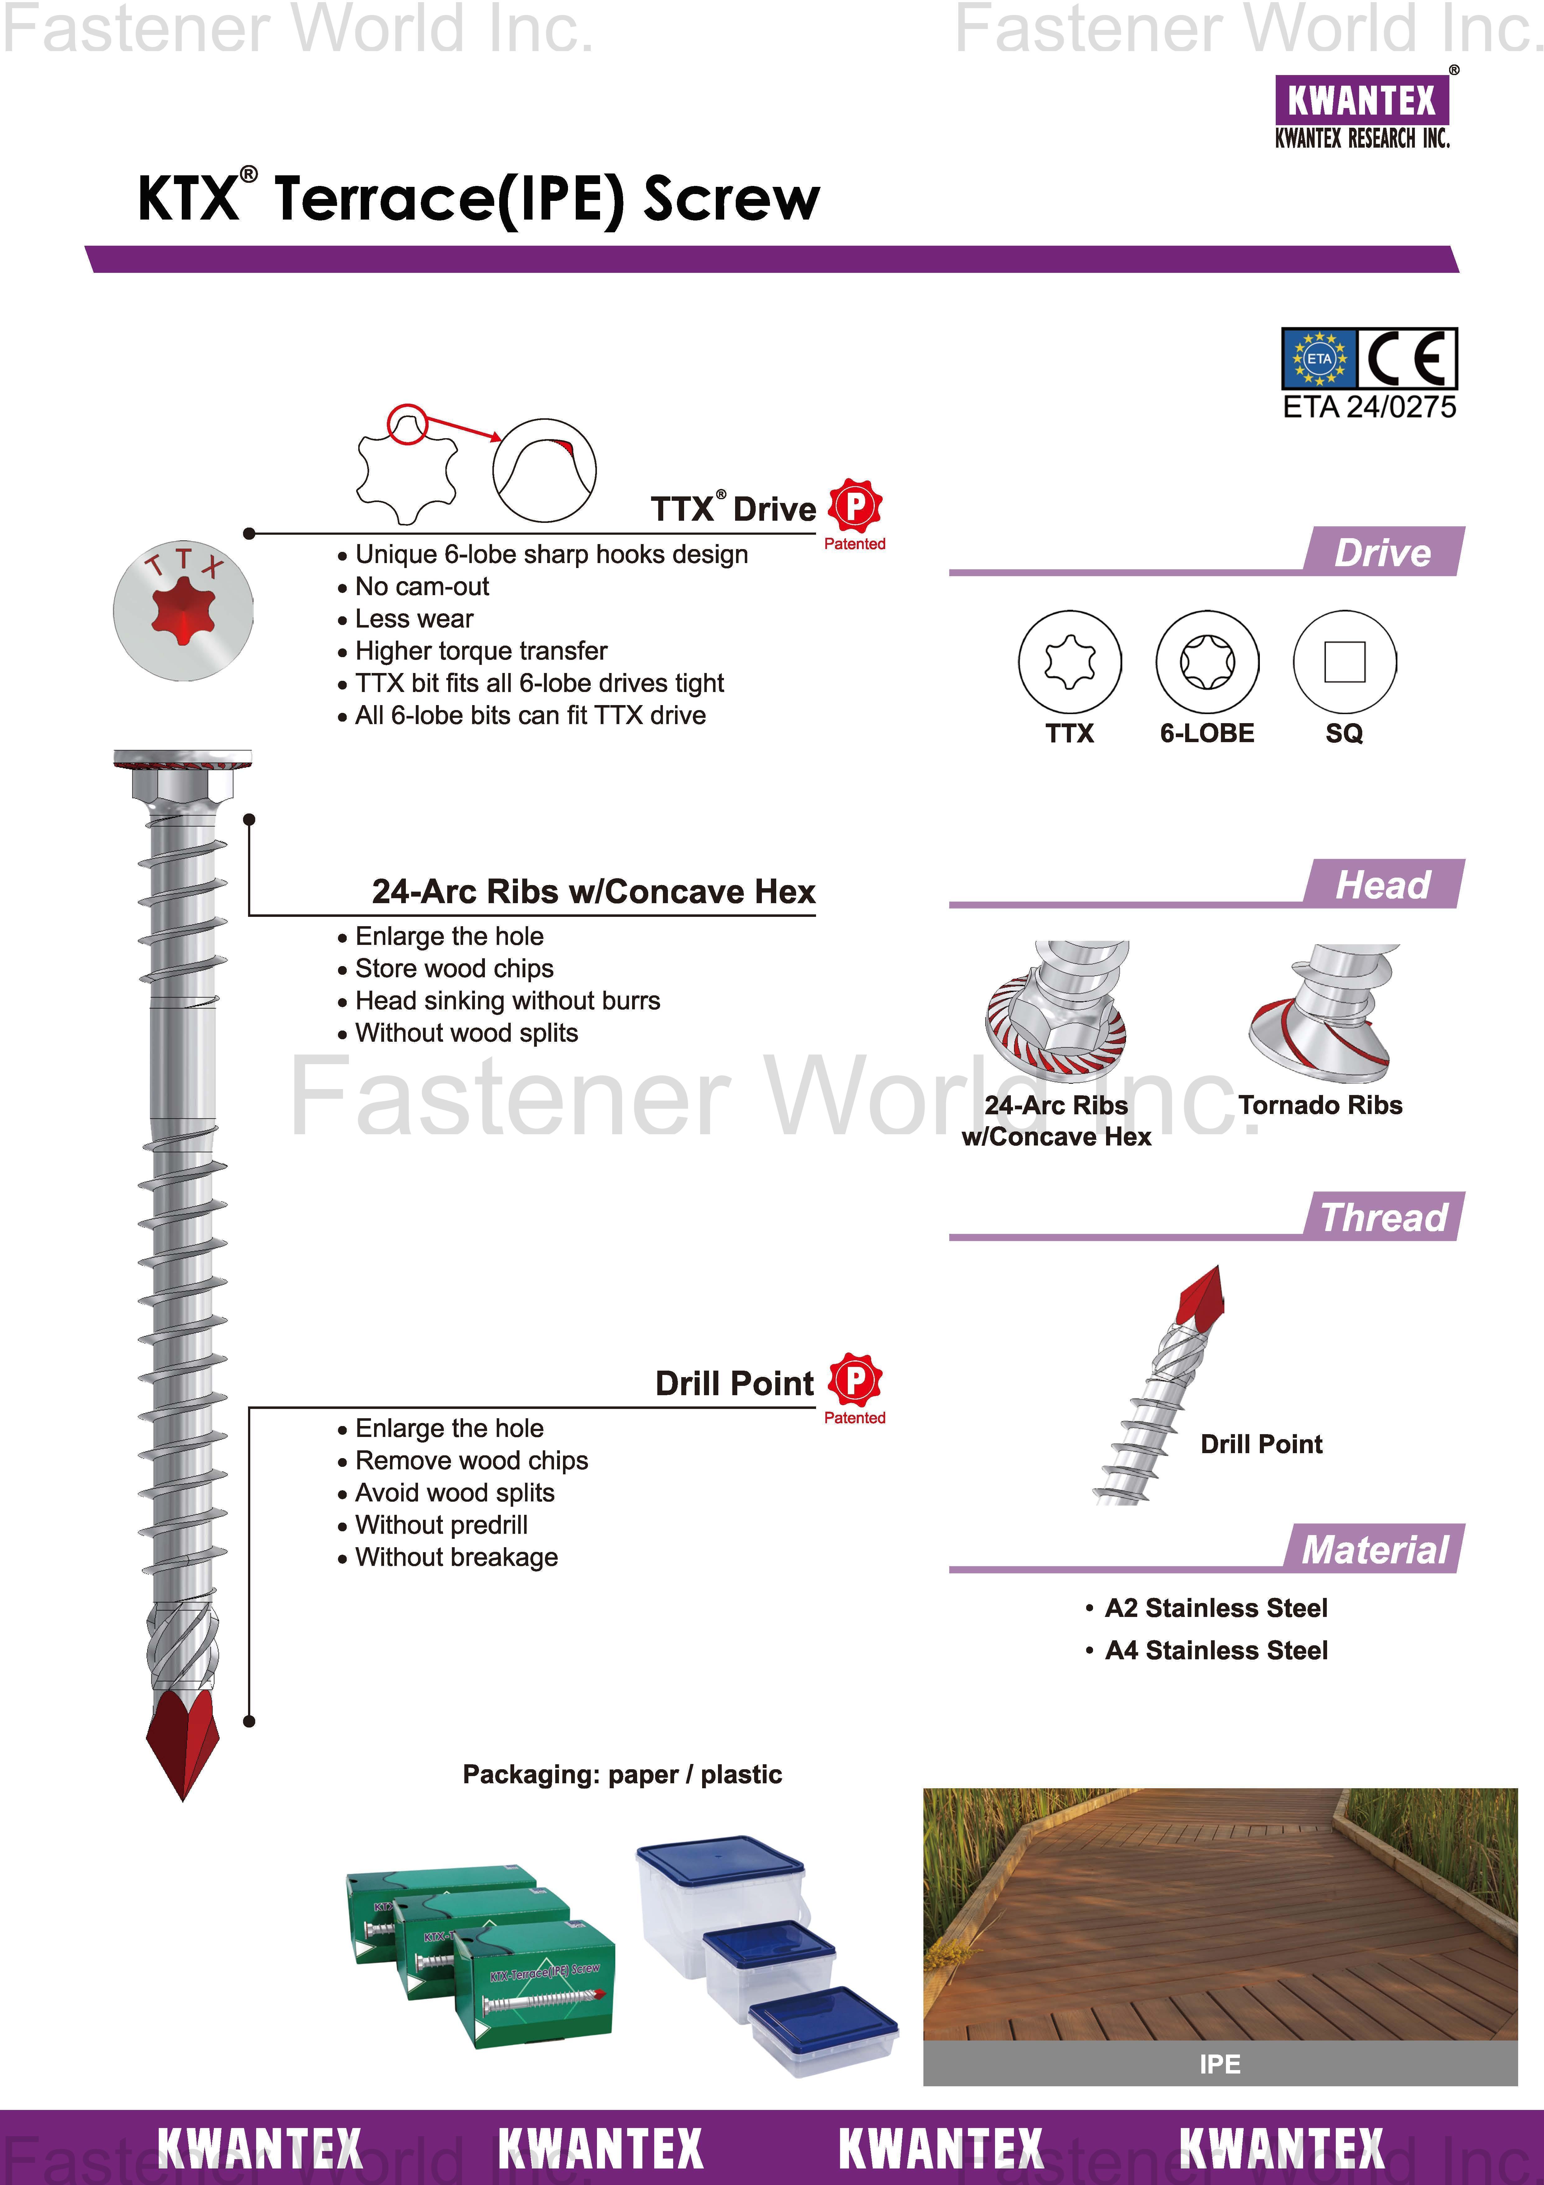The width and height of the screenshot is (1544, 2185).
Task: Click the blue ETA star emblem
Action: click(x=1319, y=359)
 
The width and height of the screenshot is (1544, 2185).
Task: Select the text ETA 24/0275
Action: click(x=1369, y=407)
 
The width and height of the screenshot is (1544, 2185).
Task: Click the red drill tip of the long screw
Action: click(x=183, y=1742)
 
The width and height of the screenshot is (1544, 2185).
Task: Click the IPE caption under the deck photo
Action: click(x=1220, y=2064)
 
